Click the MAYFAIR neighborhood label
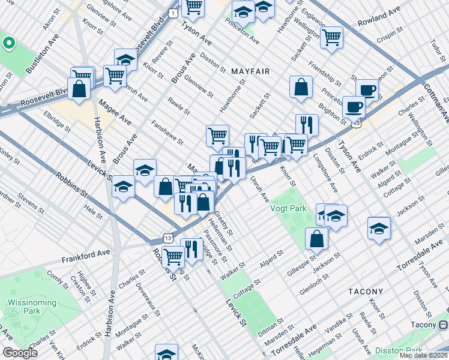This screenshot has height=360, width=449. (x=250, y=71)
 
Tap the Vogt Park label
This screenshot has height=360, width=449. (x=288, y=209)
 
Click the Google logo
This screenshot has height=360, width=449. (x=20, y=353)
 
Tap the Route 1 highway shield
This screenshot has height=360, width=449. (x=172, y=13)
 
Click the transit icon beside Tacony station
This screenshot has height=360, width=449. (x=442, y=325)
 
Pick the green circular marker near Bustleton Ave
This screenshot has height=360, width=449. (x=8, y=43)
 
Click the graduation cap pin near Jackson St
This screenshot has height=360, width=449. (x=378, y=228)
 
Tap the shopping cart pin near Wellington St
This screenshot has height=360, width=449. (x=331, y=37)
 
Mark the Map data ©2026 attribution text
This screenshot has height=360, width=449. (x=423, y=355)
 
